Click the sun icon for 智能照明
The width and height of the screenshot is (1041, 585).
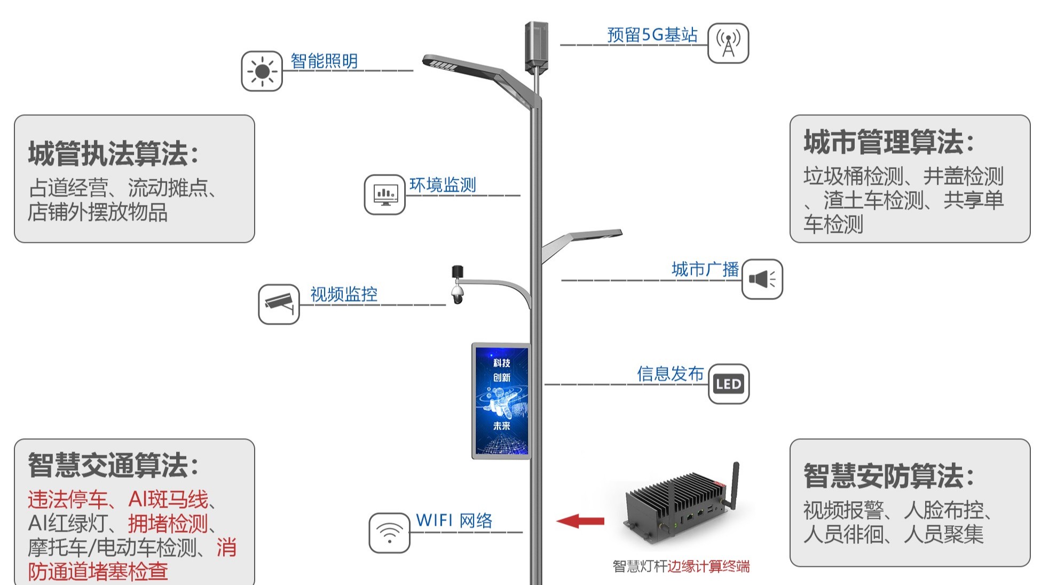262,71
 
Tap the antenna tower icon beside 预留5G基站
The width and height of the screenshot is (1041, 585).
728,43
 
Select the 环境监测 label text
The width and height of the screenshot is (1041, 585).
443,185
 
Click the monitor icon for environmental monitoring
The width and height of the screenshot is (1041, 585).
385,195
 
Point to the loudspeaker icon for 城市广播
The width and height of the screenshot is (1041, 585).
762,279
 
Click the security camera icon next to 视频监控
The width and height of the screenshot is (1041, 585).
279,304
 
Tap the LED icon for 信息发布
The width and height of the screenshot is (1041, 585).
729,384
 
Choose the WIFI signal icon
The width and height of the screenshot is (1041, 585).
389,533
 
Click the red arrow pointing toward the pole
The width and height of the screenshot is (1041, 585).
580,521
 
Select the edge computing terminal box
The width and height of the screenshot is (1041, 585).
678,507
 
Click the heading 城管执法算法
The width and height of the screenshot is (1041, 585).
113,154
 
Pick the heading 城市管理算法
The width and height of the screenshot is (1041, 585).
889,142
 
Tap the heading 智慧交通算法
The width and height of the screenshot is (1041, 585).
113,465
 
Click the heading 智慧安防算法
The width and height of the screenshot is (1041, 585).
889,476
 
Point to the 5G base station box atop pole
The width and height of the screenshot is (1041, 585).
537,46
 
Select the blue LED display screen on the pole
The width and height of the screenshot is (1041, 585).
501,401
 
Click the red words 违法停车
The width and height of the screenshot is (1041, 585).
67,500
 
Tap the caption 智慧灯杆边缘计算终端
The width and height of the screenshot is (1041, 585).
681,566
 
